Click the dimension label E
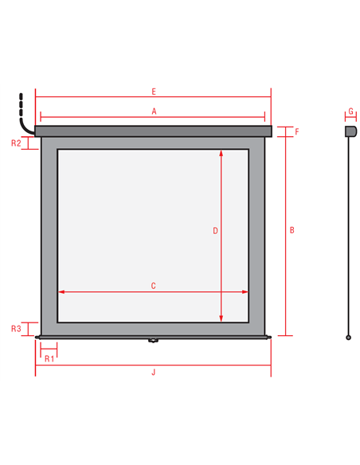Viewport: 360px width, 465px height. (154, 92)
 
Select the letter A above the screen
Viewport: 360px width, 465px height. (154, 111)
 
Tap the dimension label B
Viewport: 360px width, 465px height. (292, 230)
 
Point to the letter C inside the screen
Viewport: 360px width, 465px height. (153, 286)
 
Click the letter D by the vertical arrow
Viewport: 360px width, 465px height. (216, 231)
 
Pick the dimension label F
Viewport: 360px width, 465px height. (297, 131)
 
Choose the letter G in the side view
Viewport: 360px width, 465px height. (350, 111)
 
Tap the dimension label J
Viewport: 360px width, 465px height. (154, 372)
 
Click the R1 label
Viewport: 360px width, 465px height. (49, 359)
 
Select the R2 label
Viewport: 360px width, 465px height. (16, 143)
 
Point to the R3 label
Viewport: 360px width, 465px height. (16, 329)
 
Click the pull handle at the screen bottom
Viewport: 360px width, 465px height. (153, 340)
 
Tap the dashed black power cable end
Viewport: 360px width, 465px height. (21, 104)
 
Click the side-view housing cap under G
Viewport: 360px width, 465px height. (350, 131)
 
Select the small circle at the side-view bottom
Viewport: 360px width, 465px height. (349, 338)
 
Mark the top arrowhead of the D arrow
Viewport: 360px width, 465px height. (221, 153)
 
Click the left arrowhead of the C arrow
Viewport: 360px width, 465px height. (61, 291)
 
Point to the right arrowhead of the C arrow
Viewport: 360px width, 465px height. (245, 291)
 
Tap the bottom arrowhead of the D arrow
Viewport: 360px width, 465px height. (221, 318)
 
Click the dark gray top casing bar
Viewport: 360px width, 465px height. (153, 131)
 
